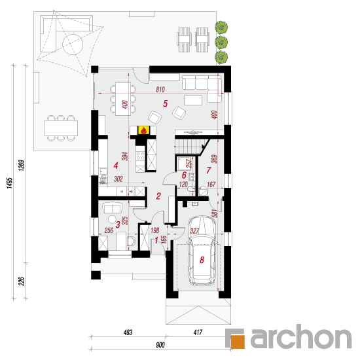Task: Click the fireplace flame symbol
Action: [x=143, y=131]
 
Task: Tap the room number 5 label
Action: [x=166, y=103]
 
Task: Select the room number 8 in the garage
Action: [x=202, y=260]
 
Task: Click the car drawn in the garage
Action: [x=202, y=250]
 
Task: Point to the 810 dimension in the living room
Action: [x=160, y=89]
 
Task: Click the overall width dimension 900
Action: [x=160, y=345]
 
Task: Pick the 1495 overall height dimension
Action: [x=9, y=183]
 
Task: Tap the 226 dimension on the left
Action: [x=21, y=281]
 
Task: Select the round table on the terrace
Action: [x=73, y=45]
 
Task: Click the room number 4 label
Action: [x=116, y=166]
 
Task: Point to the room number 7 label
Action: [x=208, y=170]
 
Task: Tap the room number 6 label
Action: [x=184, y=175]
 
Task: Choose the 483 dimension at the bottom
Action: [x=128, y=333]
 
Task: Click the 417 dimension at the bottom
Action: [x=198, y=333]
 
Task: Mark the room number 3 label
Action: [x=118, y=225]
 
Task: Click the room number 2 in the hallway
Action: [x=158, y=196]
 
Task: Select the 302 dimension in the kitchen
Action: [x=118, y=179]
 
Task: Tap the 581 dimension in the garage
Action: [x=215, y=213]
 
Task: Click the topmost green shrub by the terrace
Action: [x=221, y=27]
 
